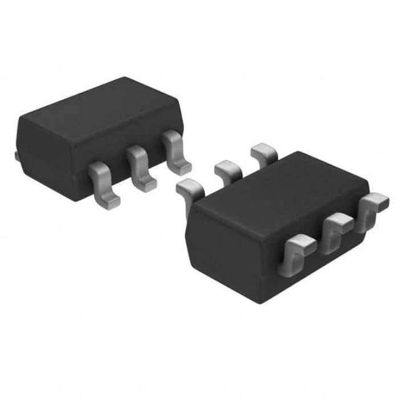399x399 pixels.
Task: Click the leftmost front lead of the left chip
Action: click(x=104, y=180)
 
